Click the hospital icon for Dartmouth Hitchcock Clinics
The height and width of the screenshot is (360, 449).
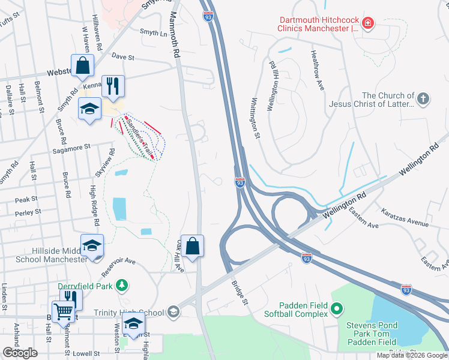tap(367, 24)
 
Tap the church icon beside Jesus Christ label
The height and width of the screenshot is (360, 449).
tap(423, 99)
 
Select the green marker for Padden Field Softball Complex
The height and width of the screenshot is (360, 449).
tap(336, 310)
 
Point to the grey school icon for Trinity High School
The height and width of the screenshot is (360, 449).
tap(173, 312)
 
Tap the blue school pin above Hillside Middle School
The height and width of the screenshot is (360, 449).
tap(92, 245)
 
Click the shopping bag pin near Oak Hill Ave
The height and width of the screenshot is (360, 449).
tap(192, 246)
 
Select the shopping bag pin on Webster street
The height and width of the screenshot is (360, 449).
tap(82, 65)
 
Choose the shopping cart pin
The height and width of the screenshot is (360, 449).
tap(63, 311)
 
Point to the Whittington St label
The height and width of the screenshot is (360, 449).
tap(255, 118)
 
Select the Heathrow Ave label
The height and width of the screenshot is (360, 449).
tap(317, 70)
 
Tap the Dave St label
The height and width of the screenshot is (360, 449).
tap(122, 58)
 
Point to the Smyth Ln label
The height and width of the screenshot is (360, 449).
tap(153, 32)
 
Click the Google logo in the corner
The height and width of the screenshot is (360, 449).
tap(20, 352)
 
